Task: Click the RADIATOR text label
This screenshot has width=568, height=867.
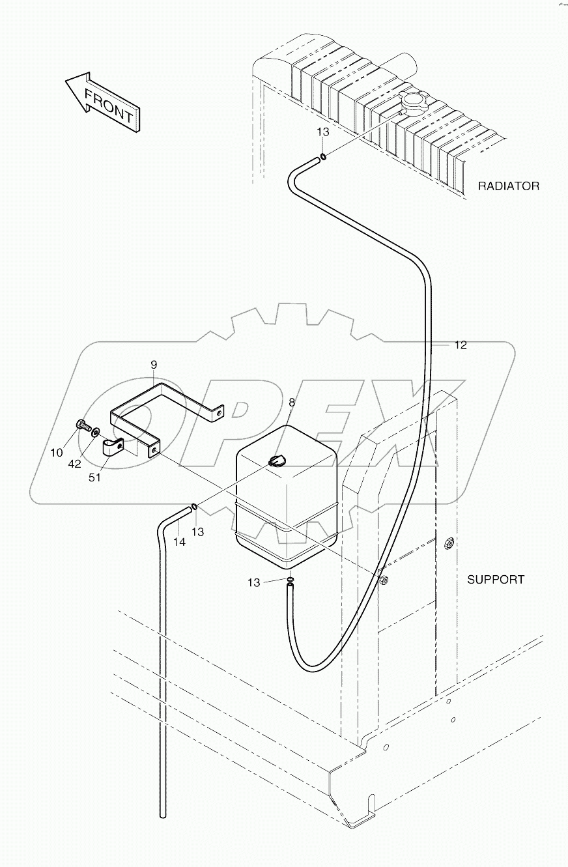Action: [509, 186]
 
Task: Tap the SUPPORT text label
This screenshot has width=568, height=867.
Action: [495, 579]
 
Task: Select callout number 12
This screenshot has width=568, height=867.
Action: [461, 345]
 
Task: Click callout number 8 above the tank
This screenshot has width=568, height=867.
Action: [292, 403]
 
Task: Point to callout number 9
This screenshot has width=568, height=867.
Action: [154, 364]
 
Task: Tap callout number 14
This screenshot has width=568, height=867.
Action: [179, 542]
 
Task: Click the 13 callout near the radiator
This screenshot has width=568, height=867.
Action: [323, 132]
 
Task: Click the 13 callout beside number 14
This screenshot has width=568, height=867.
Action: [197, 532]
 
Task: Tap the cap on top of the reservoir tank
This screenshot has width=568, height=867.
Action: [276, 461]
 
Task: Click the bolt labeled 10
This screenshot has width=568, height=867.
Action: [81, 425]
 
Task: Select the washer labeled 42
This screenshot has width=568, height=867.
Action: [96, 431]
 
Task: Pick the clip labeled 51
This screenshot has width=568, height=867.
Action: [115, 448]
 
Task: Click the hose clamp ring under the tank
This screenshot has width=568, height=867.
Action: [291, 579]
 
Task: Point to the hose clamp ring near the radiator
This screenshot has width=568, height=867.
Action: [322, 156]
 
